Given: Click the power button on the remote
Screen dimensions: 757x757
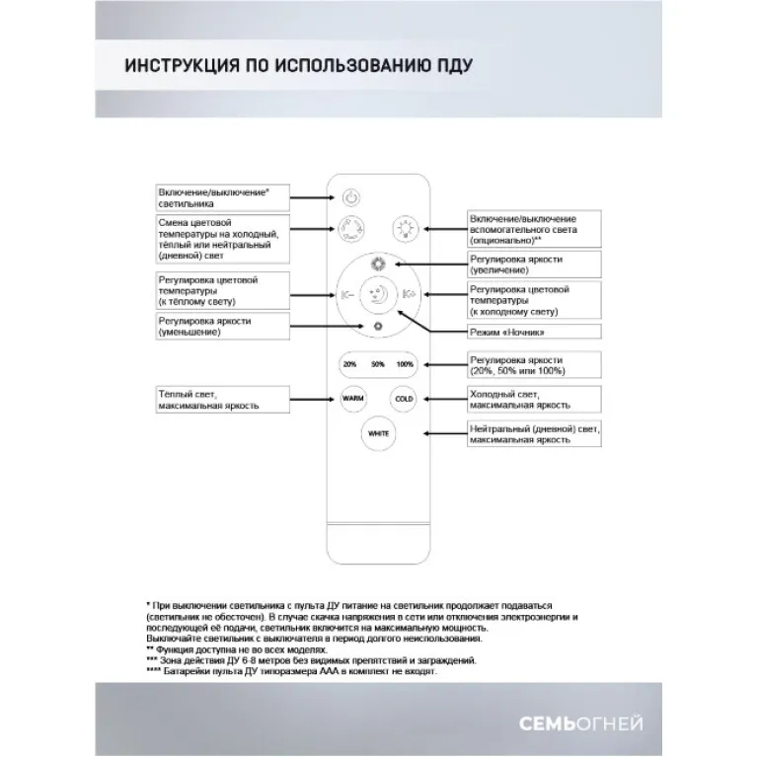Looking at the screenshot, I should coord(353,195).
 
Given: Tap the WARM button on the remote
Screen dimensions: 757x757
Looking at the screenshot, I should coord(352,399).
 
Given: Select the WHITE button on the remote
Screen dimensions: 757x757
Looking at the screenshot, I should coord(378,433).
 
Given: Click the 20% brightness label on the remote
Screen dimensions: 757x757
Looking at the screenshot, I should coord(350,364).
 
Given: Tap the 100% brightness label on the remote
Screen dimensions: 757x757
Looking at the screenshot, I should coord(405,364).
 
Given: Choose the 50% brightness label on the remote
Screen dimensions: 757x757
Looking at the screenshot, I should coord(378,364).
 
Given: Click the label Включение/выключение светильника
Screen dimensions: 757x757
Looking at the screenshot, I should coord(223,194).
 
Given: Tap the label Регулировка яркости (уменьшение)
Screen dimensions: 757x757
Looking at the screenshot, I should coord(223,328).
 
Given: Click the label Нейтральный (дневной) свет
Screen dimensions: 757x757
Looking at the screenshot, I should coord(533,433).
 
